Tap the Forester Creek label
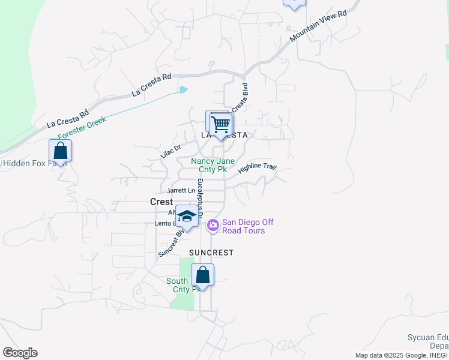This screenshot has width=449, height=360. pos(82,128)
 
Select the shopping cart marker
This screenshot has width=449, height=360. pos(221,125)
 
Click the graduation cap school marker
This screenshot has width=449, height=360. pos(187,217)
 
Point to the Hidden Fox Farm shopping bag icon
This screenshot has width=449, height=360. pos(61,151)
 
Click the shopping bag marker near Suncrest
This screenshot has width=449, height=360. pos(203,276)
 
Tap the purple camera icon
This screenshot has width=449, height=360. pos(212,226)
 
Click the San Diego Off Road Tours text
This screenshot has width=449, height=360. pos(247,226)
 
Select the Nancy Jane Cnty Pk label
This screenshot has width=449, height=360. pos(209,165)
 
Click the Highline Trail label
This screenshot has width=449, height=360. pos(257,168)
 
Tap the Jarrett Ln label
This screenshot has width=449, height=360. pos(181,191)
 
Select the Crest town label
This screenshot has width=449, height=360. pos(161,202)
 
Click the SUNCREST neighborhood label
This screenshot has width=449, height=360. pos(211,253)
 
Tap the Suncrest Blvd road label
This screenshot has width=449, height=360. pos(169,242)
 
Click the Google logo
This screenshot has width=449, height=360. pos(20,353)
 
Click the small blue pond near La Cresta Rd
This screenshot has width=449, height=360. pos(184,90)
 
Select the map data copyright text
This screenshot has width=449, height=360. pos(401,355)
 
